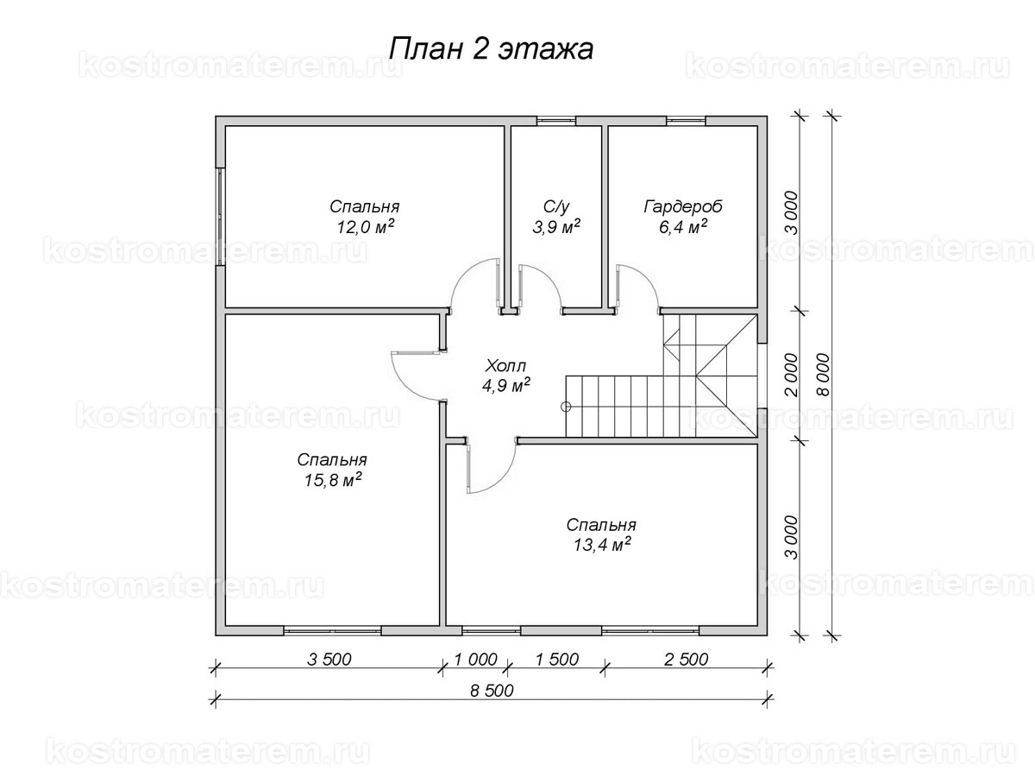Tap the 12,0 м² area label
(x=365, y=227)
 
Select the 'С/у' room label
(x=556, y=207)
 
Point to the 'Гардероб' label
(x=682, y=207)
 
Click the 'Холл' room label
(x=505, y=365)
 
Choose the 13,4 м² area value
(x=601, y=544)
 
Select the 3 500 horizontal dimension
(x=328, y=660)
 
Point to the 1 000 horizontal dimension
(x=474, y=660)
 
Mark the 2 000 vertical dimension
(x=791, y=374)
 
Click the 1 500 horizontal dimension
(x=555, y=660)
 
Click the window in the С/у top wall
(x=555, y=120)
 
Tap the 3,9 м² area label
(x=556, y=227)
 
